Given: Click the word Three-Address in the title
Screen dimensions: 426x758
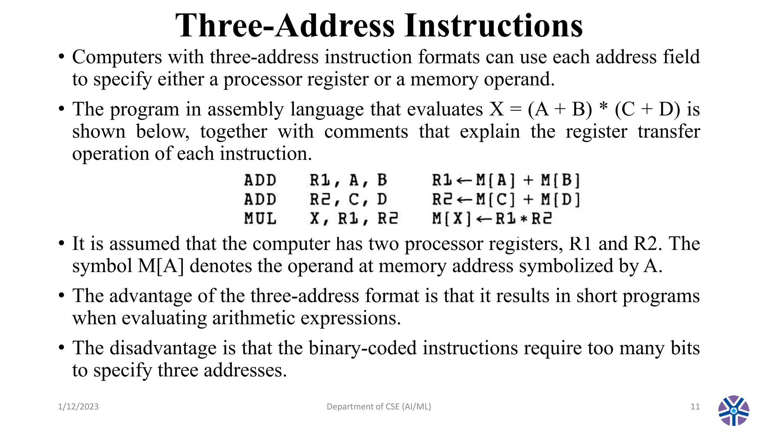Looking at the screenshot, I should tap(285, 26).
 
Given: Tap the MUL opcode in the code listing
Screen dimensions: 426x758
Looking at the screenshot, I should tap(260, 219).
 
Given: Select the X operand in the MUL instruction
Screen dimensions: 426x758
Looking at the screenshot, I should tap(314, 219).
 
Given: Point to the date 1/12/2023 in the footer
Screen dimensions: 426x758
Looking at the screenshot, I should tap(78, 407).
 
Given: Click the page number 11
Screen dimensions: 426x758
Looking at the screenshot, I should tap(695, 407).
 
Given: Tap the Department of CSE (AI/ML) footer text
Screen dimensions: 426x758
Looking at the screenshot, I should tap(379, 407).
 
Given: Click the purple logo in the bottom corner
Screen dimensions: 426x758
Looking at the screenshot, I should tap(734, 410).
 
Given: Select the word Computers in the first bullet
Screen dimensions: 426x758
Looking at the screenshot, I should tap(117, 57).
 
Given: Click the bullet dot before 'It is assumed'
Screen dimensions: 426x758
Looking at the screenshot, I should tap(61, 244).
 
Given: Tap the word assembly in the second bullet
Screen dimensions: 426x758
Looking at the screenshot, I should tap(246, 110).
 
